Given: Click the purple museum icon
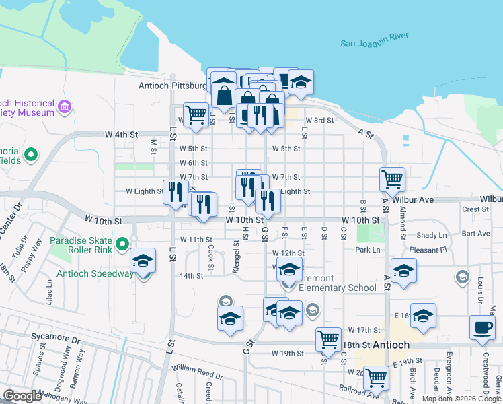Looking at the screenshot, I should coord(65,107).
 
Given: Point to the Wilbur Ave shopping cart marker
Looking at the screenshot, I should coord(392,179).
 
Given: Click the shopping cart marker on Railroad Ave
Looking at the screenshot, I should coord(375,378).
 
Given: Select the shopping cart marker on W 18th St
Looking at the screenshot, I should coord(327,339).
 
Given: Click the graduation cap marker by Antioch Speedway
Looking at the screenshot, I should coord(143,260).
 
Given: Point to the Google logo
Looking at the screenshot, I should coord(22,396).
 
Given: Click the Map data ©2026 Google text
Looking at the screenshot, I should coord(461,399).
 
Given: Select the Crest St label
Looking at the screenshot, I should coord(475,209).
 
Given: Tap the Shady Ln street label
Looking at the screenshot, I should coord(431,235).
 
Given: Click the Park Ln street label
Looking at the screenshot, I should coord(367,250).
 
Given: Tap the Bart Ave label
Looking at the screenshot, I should coord(476,234).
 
